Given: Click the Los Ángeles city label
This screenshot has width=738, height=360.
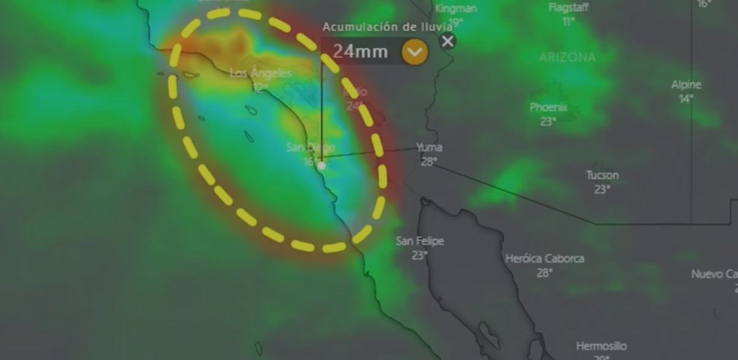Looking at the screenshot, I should pos(260,73).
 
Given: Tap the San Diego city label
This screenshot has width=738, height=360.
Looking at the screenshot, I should pos(310,148).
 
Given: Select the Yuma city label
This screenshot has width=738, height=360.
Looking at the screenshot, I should pos(429,148).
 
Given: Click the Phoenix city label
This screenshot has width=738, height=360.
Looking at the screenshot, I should pos(548,108).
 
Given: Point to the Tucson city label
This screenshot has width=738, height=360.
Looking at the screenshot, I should pos(602,176).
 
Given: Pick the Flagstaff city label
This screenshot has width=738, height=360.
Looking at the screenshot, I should pos(568,8).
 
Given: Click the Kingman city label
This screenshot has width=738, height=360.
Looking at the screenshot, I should pos(455,9).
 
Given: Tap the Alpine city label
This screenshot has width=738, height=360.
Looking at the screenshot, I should pos(686,85).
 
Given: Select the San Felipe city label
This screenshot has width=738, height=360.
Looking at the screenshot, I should pos(420,241).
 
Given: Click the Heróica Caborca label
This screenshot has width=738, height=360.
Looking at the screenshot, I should pos(545,259).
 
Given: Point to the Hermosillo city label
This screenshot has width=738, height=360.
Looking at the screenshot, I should pos(601,347).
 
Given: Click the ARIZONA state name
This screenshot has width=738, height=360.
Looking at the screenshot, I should pos(567,58).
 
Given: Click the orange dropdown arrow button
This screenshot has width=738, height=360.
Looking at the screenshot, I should pos(415,52).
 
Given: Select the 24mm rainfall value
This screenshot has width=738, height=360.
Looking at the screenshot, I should pos(360,52).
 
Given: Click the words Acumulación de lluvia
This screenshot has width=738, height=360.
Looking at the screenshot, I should pos(387,27).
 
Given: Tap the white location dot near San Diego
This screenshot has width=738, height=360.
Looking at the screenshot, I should pos(321,165).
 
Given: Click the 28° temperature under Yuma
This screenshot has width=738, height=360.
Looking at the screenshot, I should pos(429,162).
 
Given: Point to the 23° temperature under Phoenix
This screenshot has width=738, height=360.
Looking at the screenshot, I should pos(548,121).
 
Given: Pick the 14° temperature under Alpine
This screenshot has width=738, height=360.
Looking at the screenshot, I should pos(686,99).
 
